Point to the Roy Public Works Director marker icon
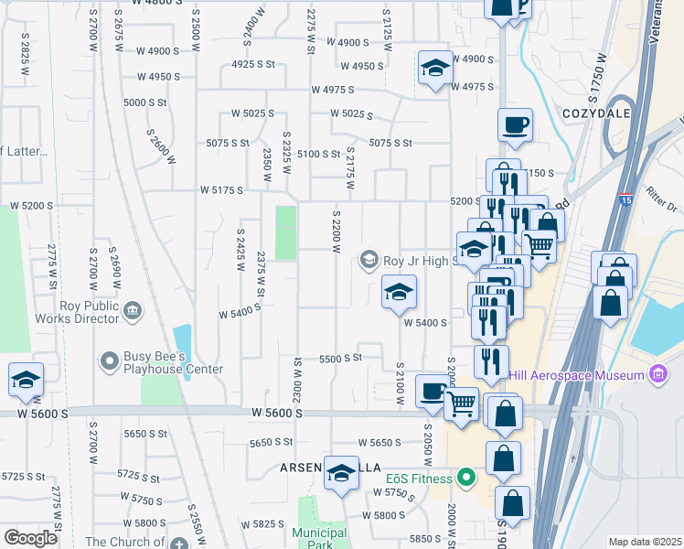(x=132, y=312)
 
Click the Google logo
(x=30, y=538)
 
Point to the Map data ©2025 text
(x=645, y=542)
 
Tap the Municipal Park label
(x=319, y=539)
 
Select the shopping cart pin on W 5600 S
(x=462, y=403)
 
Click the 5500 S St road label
(x=341, y=359)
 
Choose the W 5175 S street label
(x=221, y=190)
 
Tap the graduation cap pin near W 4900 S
(x=435, y=69)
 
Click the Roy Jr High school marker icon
(x=369, y=260)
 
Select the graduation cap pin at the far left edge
(x=26, y=380)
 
